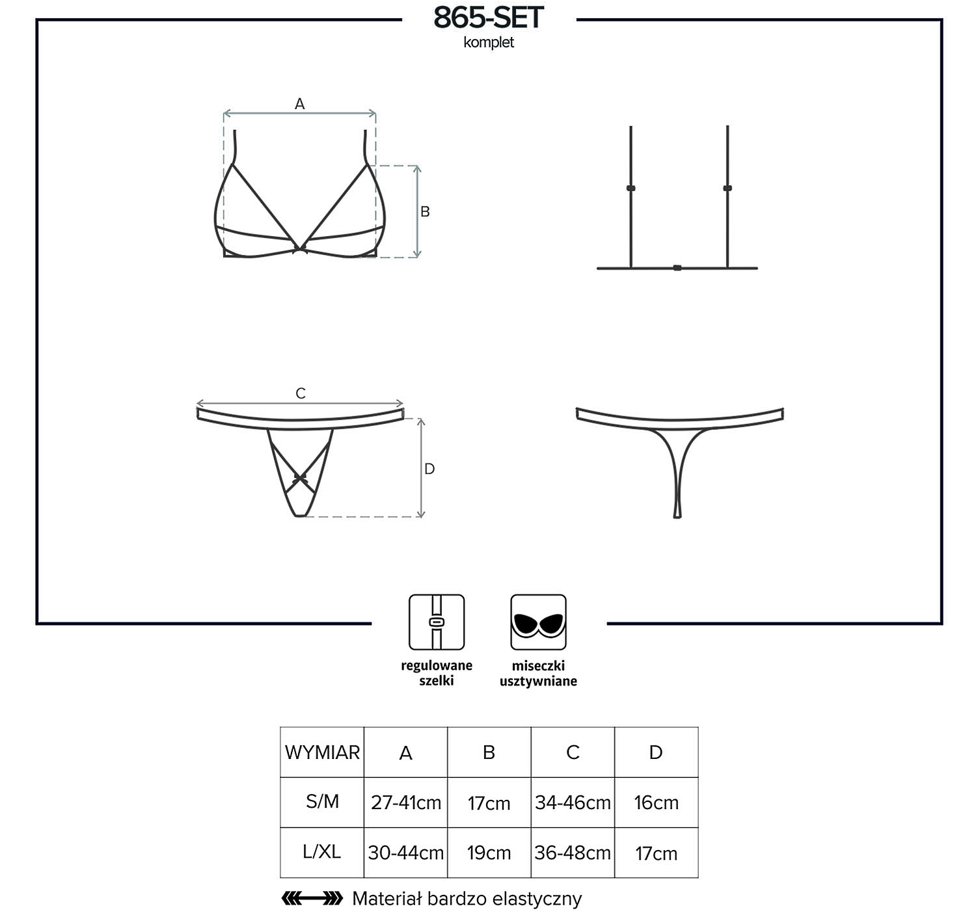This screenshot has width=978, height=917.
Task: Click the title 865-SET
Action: [489, 18]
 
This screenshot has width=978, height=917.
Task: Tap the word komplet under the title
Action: [489, 42]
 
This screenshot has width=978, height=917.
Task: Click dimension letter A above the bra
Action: [299, 104]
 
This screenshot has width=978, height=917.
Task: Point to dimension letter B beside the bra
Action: [425, 211]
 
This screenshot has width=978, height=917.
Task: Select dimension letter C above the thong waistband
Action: [301, 393]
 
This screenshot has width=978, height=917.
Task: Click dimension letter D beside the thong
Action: [429, 469]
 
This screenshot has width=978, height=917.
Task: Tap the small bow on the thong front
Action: [299, 477]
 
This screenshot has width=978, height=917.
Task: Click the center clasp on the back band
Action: [677, 268]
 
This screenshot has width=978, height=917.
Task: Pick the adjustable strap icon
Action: [437, 622]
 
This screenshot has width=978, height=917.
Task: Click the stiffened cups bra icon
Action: [538, 622]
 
